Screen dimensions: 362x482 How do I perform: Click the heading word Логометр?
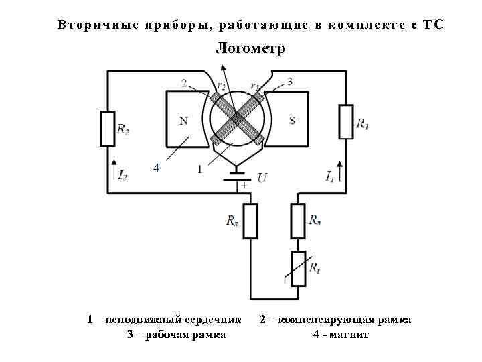pyautogui.click(x=250, y=49)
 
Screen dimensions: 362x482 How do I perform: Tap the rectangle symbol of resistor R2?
pyautogui.click(x=107, y=128)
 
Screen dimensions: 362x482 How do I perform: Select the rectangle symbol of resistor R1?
pyautogui.click(x=345, y=121)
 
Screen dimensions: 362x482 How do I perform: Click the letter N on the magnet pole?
pyautogui.click(x=183, y=121)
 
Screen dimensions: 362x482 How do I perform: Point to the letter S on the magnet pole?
pyautogui.click(x=292, y=121)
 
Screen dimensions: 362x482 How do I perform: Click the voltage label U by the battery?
pyautogui.click(x=262, y=178)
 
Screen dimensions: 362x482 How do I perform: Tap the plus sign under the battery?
pyautogui.click(x=243, y=186)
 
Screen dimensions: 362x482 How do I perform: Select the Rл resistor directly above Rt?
pyautogui.click(x=298, y=221)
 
